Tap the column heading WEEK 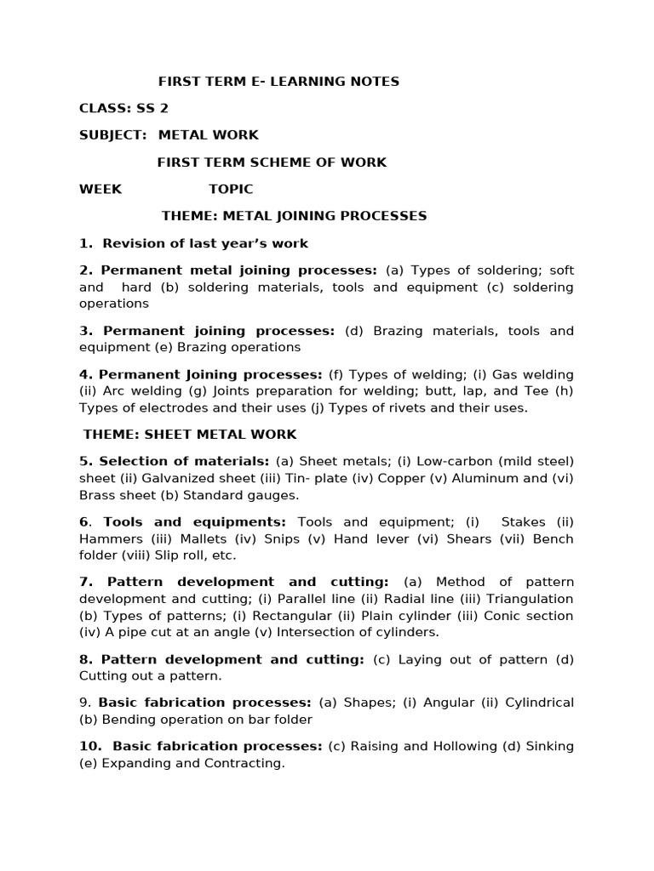point(100,189)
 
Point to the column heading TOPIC point(231,189)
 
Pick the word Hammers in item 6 point(106,538)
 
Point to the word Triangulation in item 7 point(530,599)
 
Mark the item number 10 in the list point(89,746)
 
